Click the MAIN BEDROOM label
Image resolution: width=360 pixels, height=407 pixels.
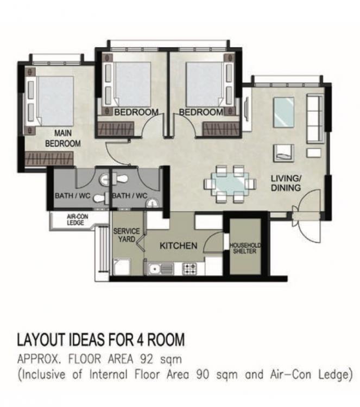(x=63, y=138)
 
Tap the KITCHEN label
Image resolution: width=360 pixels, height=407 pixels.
(x=179, y=245)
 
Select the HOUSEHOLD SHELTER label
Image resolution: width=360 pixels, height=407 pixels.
(x=245, y=249)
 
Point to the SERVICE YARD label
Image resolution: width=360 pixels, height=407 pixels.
(x=127, y=235)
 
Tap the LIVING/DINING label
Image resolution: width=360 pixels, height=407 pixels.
(x=286, y=183)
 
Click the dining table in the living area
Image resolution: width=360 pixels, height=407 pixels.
(x=230, y=184)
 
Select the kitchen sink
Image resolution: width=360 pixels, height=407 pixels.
(x=160, y=269)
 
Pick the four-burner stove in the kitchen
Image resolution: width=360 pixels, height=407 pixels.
(x=190, y=269)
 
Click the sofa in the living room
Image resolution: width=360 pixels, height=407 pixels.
(x=315, y=118)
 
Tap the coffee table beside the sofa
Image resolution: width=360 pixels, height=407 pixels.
(x=283, y=112)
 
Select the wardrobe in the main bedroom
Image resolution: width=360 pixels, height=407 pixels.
(x=49, y=158)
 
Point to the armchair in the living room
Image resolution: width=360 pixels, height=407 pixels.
(x=283, y=153)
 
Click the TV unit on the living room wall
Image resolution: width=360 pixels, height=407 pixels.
(x=247, y=110)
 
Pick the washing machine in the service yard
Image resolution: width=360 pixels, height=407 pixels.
(x=121, y=266)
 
